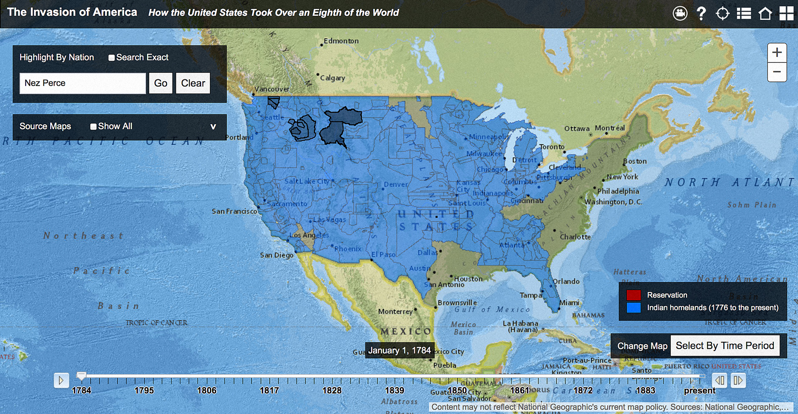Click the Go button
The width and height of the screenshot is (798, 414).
(x=160, y=83)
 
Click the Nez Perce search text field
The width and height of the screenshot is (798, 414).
(x=83, y=83)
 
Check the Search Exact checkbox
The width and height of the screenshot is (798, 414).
(x=111, y=58)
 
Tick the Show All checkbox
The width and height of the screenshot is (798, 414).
(x=94, y=127)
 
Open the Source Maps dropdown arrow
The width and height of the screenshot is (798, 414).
(x=213, y=127)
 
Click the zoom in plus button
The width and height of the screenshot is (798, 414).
(x=777, y=53)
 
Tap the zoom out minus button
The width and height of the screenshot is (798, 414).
(x=777, y=72)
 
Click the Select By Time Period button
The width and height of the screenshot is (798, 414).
(x=725, y=346)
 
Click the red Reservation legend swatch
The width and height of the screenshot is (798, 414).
(x=633, y=295)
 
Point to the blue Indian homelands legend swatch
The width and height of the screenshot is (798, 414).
(x=633, y=308)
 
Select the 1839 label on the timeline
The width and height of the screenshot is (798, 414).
(x=394, y=391)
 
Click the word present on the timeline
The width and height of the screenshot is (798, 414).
(x=699, y=391)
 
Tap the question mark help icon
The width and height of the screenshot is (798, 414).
(x=701, y=14)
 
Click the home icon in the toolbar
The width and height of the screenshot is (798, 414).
(x=765, y=14)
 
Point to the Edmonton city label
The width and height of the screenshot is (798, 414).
(x=341, y=41)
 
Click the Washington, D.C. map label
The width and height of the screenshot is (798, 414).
(x=613, y=202)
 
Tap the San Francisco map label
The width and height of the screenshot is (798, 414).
(x=234, y=211)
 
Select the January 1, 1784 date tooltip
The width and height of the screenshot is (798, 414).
(x=399, y=350)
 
